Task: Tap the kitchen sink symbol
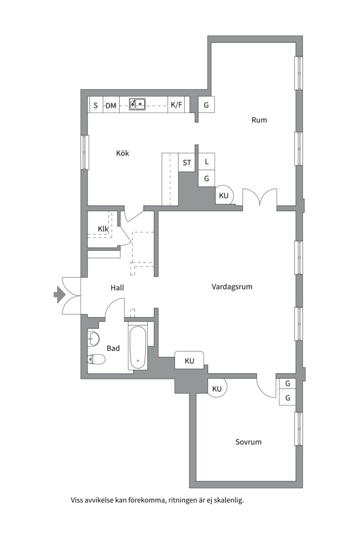pyautogui.click(x=137, y=104)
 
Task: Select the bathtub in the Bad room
pyautogui.click(x=138, y=347)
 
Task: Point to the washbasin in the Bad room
pyautogui.click(x=93, y=338)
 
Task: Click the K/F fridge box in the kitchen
pyautogui.click(x=176, y=104)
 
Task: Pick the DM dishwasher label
pyautogui.click(x=110, y=105)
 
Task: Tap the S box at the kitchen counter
pyautogui.click(x=96, y=104)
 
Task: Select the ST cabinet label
pyautogui.click(x=187, y=162)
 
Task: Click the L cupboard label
pyautogui.click(x=206, y=161)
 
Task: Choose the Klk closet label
pyautogui.click(x=103, y=228)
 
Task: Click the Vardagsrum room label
pyautogui.click(x=232, y=286)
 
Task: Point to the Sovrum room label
pyautogui.click(x=248, y=442)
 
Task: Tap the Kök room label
pyautogui.click(x=122, y=153)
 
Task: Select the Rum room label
pyautogui.click(x=259, y=120)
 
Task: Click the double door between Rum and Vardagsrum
pyautogui.click(x=260, y=197)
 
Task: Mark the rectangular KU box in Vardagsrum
pyautogui.click(x=189, y=360)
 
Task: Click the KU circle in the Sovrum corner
pyautogui.click(x=217, y=388)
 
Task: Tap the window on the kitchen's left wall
pyautogui.click(x=84, y=152)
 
